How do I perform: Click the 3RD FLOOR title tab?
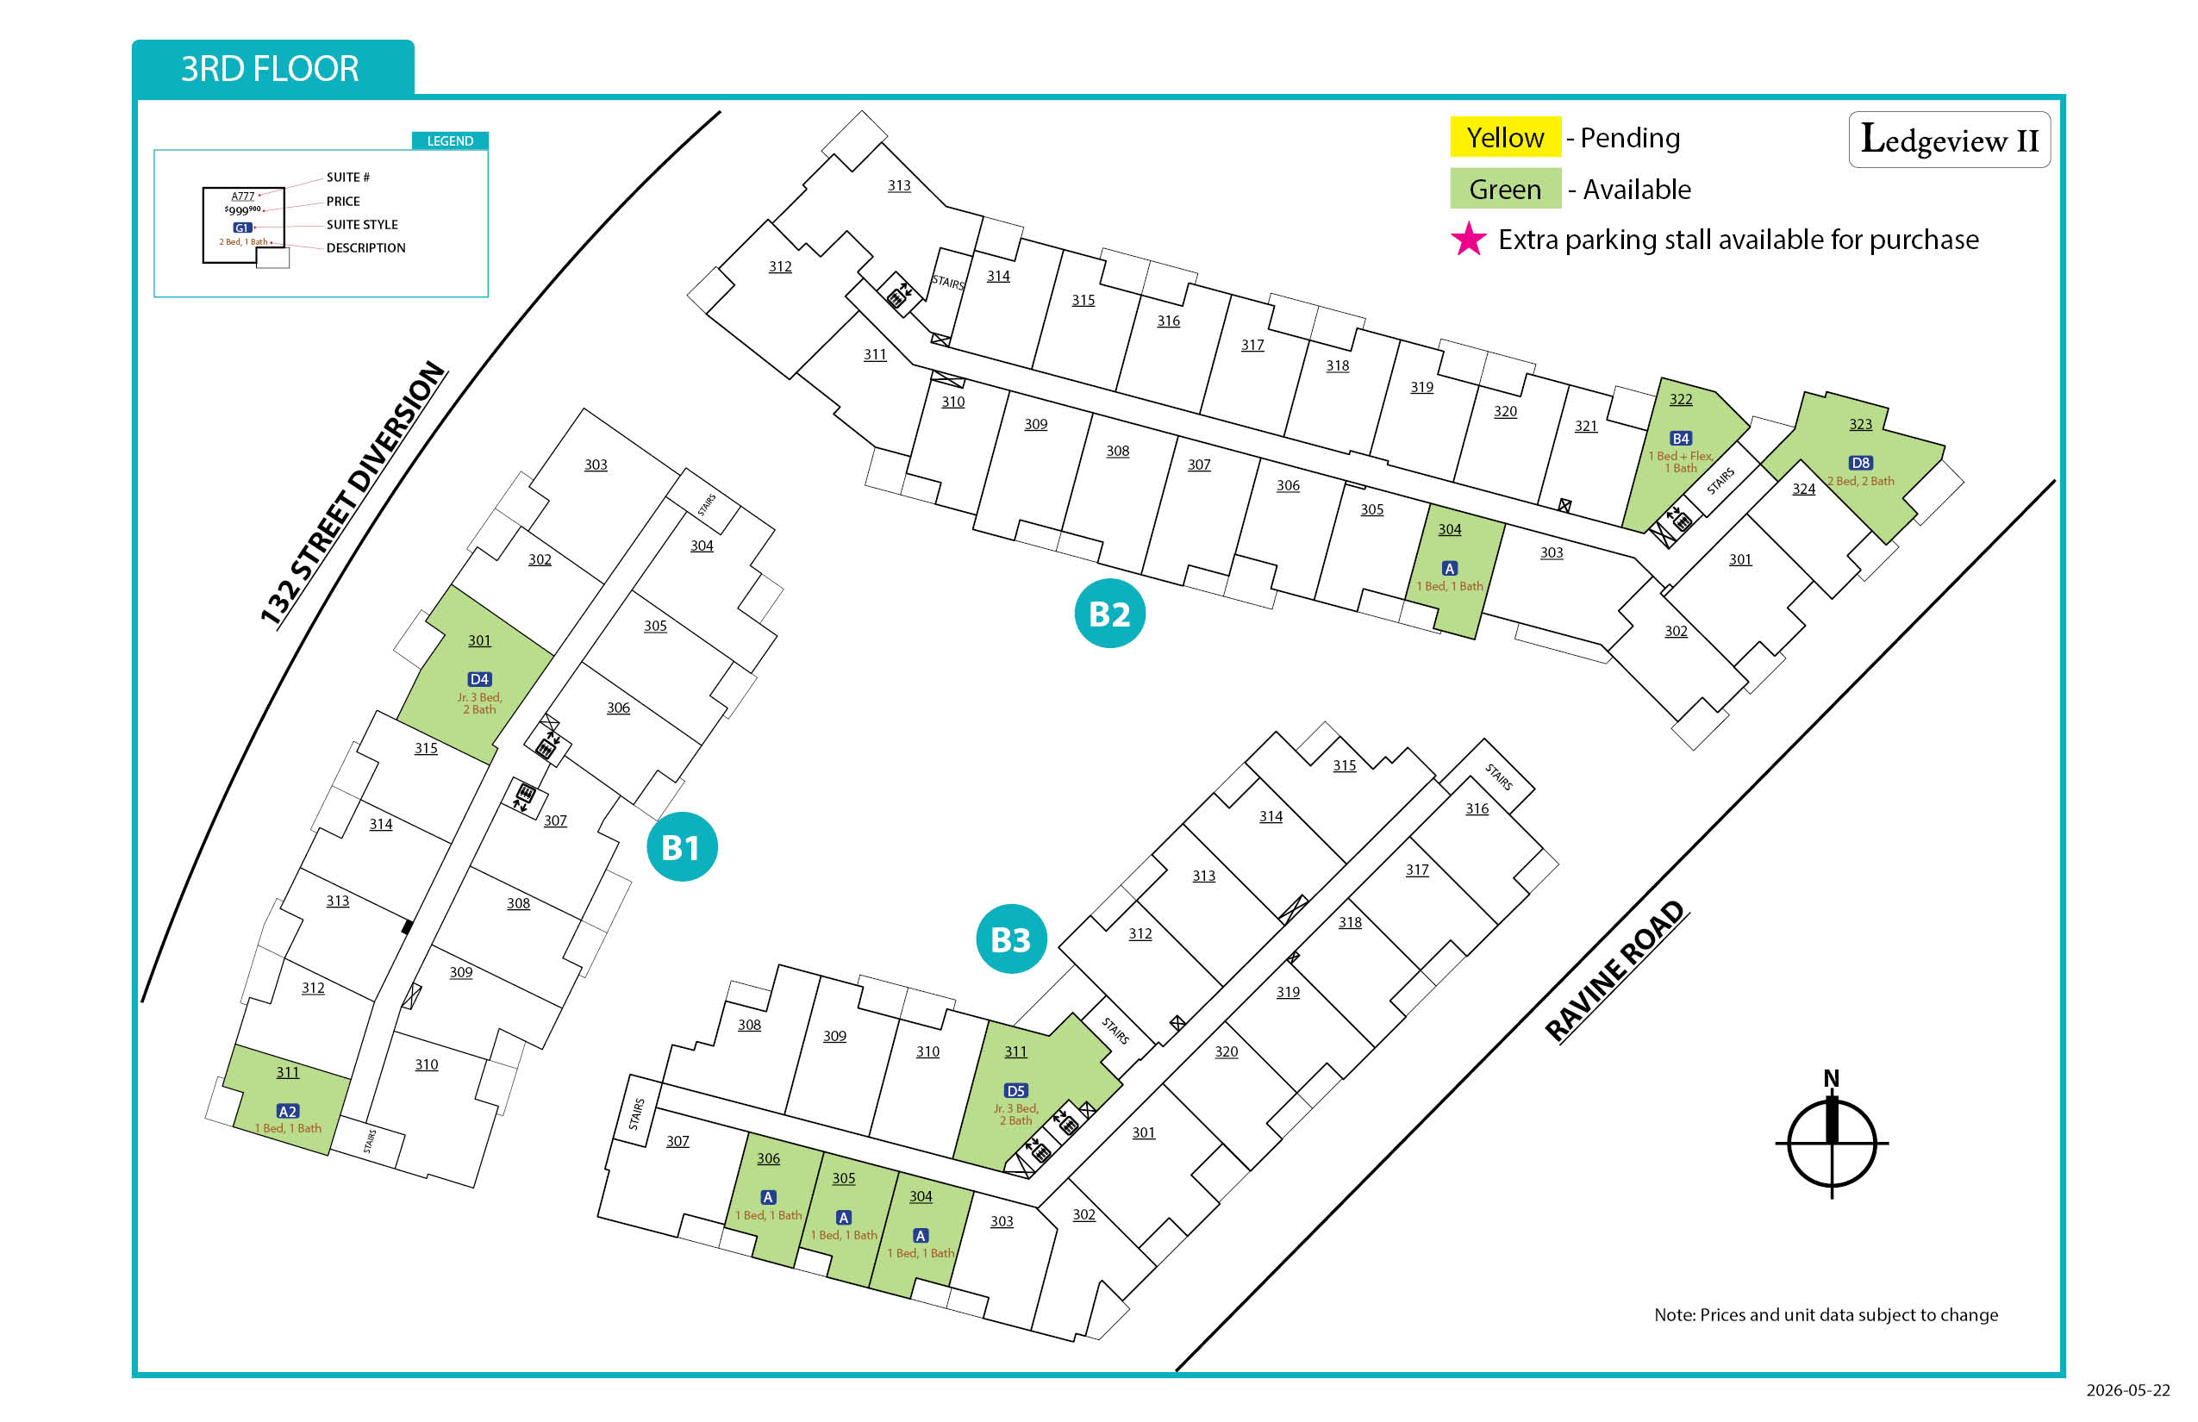[x=272, y=68]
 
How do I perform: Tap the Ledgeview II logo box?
[x=1949, y=140]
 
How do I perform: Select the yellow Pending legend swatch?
[x=1505, y=137]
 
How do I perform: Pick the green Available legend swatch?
[x=1505, y=189]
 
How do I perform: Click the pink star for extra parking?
[x=1469, y=240]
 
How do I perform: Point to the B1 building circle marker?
[x=683, y=846]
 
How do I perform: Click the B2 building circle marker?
[x=1109, y=613]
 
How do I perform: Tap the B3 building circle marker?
[x=1011, y=939]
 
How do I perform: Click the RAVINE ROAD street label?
[x=1616, y=971]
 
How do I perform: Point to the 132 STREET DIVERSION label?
[x=353, y=494]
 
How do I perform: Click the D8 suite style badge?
[x=1860, y=463]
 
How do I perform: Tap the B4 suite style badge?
[x=1680, y=439]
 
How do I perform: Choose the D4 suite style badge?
[x=479, y=679]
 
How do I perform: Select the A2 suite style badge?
[x=287, y=1111]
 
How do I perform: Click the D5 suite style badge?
[x=1016, y=1090]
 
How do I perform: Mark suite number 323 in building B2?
[x=1860, y=424]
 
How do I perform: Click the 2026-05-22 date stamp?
[x=2128, y=1389]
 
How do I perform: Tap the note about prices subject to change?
[x=1826, y=1315]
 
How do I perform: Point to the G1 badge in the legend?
[x=242, y=228]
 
